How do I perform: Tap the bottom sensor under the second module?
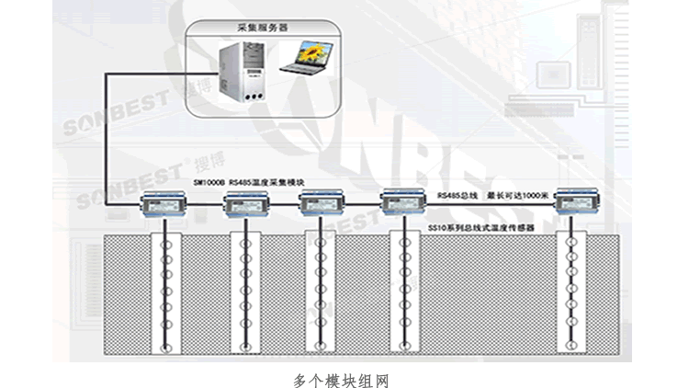(x=246, y=347)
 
